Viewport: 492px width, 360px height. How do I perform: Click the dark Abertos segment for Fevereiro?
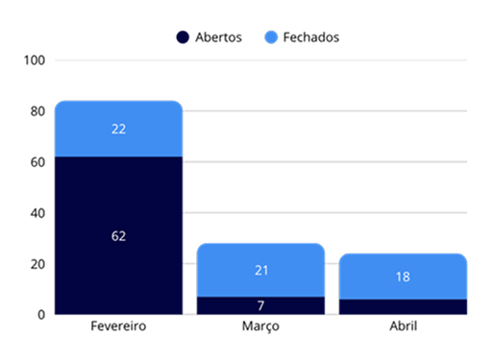(118, 235)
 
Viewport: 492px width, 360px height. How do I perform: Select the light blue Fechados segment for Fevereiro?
(118, 129)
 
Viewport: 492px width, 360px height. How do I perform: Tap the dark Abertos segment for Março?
(260, 305)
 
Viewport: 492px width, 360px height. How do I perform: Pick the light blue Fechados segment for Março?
(260, 270)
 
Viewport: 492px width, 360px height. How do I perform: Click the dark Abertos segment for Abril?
(403, 307)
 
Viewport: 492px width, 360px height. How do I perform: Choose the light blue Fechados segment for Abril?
(403, 276)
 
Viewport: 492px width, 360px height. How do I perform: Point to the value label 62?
(118, 236)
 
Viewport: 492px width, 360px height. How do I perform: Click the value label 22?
(118, 129)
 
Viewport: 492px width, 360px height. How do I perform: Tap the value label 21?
(261, 271)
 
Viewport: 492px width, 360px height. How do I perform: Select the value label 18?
(403, 276)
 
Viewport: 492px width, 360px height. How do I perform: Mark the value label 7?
(260, 306)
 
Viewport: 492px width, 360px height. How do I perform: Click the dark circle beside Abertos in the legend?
(183, 37)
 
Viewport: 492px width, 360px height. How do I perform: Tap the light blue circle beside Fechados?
(271, 37)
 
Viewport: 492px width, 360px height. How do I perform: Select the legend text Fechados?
(311, 37)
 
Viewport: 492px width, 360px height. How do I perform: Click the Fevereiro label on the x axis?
(118, 326)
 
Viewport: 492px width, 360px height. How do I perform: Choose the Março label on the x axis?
(260, 326)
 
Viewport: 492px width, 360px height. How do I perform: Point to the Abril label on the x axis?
(404, 326)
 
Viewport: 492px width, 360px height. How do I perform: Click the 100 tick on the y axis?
(35, 60)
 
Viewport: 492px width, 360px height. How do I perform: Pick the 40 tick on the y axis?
(37, 213)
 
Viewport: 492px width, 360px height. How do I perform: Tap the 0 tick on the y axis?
(41, 315)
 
